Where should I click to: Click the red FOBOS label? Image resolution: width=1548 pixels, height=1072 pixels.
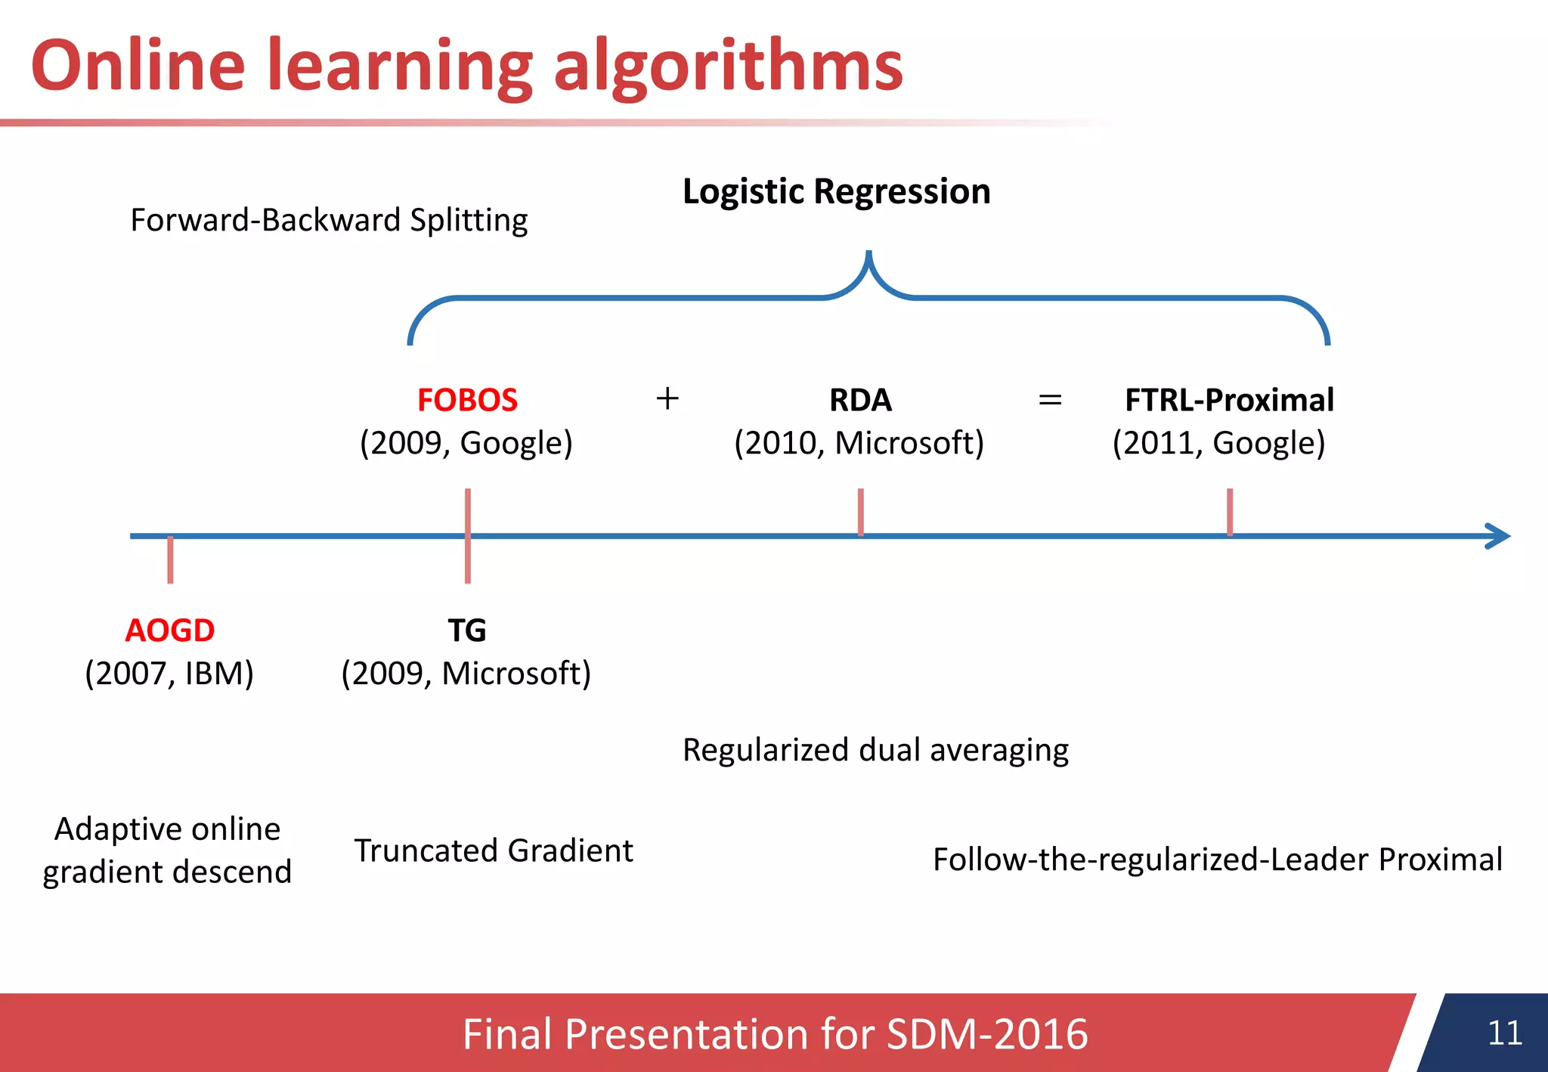point(467,400)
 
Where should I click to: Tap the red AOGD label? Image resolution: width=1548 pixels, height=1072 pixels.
point(169,630)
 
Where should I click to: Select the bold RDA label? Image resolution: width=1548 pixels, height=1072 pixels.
point(860,400)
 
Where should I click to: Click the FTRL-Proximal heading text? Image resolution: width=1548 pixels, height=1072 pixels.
point(1229,400)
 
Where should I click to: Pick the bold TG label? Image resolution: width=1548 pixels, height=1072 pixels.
point(466,630)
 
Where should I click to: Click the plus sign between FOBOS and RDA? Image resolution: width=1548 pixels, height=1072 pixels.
point(667,398)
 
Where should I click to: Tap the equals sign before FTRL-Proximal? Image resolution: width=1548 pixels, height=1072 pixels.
point(1050,399)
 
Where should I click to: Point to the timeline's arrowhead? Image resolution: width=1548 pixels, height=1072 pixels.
point(1500,536)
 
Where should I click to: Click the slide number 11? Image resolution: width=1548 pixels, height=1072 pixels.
point(1504,1033)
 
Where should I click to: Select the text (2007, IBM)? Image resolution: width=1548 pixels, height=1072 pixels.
point(169,673)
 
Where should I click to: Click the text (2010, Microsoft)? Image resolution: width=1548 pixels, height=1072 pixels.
point(859,443)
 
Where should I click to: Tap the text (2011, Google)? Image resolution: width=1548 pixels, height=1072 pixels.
point(1218,443)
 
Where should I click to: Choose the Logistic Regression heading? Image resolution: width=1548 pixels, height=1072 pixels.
point(836,191)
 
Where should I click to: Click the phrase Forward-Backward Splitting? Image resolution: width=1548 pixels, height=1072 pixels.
point(329,220)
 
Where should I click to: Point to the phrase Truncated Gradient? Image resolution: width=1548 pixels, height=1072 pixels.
point(494,850)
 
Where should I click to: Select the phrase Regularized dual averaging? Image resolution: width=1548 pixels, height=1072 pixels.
point(875,750)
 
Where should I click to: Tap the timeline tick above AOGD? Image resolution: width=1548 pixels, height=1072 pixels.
point(170,559)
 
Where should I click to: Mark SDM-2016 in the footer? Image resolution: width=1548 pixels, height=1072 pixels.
point(986,1033)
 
